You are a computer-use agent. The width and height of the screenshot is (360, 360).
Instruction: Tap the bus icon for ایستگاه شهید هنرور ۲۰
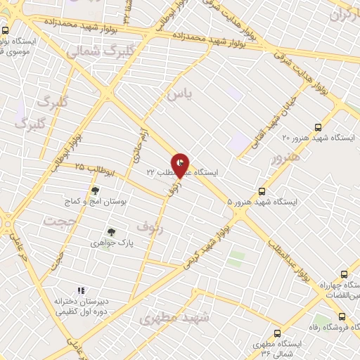point(319,127)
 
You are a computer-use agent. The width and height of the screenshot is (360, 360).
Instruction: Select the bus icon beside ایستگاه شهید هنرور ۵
point(262,191)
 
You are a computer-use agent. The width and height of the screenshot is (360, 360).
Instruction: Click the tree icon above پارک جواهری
point(110,231)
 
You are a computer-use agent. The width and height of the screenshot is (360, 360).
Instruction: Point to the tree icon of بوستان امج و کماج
point(95,191)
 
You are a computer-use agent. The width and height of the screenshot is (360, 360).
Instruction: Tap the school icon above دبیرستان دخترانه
point(81,290)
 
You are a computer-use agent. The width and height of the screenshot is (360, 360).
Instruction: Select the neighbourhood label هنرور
point(285,159)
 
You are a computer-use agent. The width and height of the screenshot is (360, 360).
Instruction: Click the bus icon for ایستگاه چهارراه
point(344,274)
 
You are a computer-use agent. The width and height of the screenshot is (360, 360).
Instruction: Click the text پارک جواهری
point(110,243)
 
